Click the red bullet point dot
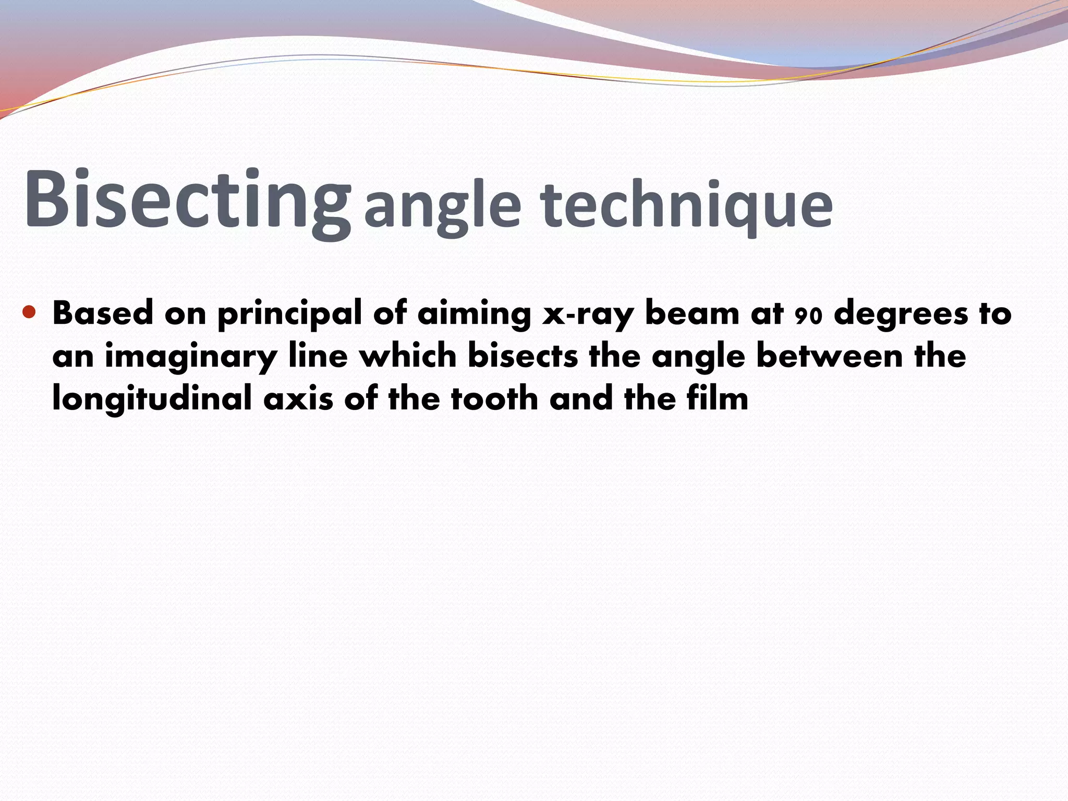tap(29, 312)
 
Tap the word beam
tap(692, 313)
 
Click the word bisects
tap(523, 356)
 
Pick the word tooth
tap(494, 399)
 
